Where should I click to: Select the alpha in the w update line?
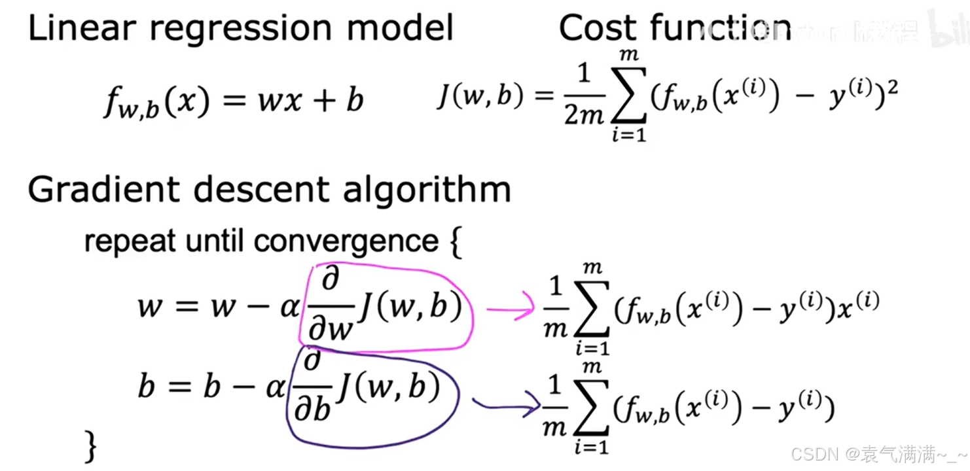coord(289,307)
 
